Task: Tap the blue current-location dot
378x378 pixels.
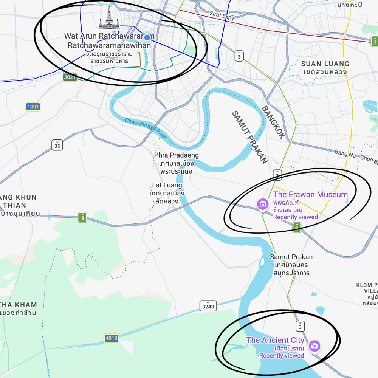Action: coord(148,37)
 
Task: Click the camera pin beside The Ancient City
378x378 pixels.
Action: coord(314,346)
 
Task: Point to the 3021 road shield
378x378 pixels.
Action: coord(70,77)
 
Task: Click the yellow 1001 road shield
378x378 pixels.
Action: coord(33,107)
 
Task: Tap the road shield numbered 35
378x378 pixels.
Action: coord(57,145)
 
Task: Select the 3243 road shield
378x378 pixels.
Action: coord(208,306)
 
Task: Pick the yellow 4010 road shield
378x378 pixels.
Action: coord(112,338)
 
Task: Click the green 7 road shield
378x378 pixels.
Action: coord(374,41)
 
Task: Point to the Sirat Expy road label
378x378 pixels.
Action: coord(222,15)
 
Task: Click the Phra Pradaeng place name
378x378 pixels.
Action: coord(176,155)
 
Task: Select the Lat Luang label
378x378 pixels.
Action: coord(167,185)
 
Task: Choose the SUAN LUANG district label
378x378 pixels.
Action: coord(325,64)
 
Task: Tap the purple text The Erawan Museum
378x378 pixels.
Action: coord(310,195)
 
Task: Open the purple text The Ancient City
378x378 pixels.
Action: coord(275,340)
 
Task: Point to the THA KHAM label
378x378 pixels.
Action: coord(19,305)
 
